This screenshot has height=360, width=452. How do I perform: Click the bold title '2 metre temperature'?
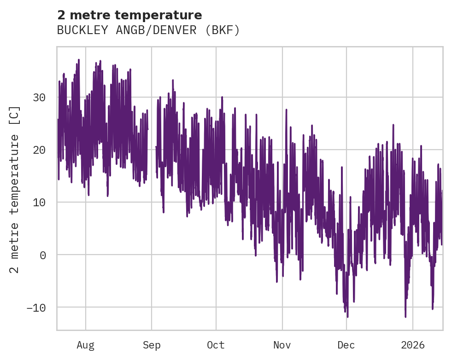pyautogui.click(x=129, y=15)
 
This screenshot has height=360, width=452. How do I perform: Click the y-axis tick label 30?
pyautogui.click(x=39, y=98)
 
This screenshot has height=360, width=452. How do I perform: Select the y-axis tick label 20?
pyautogui.click(x=39, y=150)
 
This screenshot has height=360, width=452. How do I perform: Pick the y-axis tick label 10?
pyautogui.click(x=39, y=203)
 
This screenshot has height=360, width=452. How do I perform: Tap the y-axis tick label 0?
pyautogui.click(x=43, y=255)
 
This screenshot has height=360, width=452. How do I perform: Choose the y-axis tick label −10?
pyautogui.click(x=35, y=308)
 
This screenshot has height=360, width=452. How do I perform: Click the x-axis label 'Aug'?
pyautogui.click(x=85, y=345)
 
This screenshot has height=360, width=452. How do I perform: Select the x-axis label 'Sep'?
pyautogui.click(x=152, y=345)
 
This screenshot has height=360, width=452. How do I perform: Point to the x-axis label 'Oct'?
pyautogui.click(x=216, y=345)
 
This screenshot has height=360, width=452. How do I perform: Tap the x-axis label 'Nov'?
pyautogui.click(x=282, y=345)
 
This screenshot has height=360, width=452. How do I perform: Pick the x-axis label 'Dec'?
pyautogui.click(x=346, y=345)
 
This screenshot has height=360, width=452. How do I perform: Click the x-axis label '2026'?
pyautogui.click(x=412, y=345)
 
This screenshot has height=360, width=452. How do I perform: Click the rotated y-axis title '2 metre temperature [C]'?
pyautogui.click(x=15, y=189)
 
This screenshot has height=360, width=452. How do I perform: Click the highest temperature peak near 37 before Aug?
pyautogui.click(x=79, y=60)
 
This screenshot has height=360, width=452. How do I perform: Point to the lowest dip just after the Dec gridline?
pyautogui.click(x=347, y=317)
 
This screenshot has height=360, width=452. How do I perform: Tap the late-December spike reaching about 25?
pyautogui.click(x=393, y=125)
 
